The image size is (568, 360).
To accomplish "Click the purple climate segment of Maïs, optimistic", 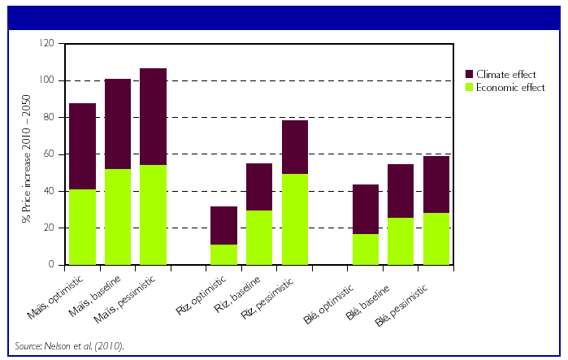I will coord(83,146).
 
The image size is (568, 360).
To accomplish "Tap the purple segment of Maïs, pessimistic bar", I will coord(153,117).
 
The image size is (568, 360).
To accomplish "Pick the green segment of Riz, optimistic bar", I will coord(223,254).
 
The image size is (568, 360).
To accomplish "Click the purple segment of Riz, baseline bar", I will coord(259,187).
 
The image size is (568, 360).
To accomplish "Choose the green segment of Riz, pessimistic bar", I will coord(294,219).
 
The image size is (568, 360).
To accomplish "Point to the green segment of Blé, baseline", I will coord(401,241).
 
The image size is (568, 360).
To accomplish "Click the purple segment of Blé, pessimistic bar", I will coord(436,184).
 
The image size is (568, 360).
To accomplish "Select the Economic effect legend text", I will coord(511,88).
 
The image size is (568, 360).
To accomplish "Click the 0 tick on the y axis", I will coord(53,265).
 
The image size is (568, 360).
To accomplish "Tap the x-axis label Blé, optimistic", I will coord(346,297).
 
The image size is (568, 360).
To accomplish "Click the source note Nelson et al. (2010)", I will coord(68,346).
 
